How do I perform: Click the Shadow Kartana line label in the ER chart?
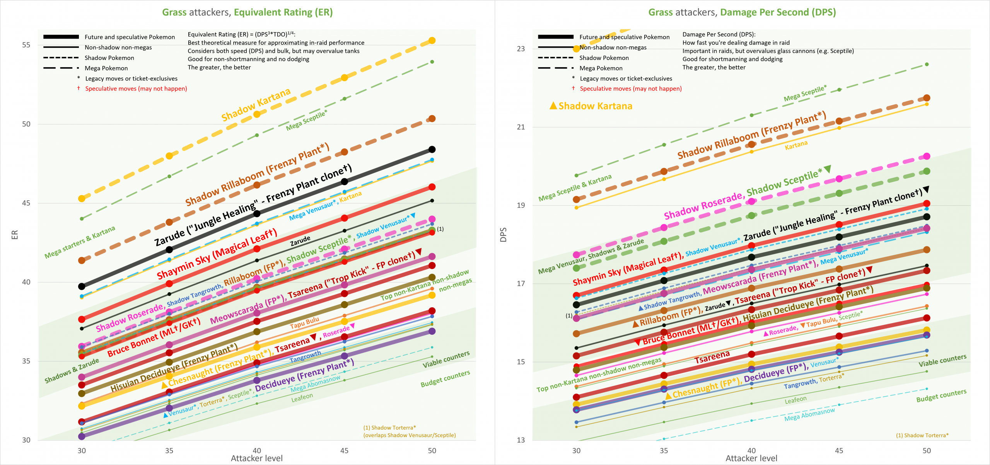click(x=256, y=104)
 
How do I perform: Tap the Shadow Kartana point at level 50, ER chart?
click(x=432, y=41)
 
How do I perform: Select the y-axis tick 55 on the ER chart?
click(x=26, y=45)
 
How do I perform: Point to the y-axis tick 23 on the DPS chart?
click(x=521, y=49)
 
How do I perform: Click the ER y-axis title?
click(x=15, y=235)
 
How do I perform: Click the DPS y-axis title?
click(x=503, y=235)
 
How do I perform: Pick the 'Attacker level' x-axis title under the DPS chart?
click(x=751, y=458)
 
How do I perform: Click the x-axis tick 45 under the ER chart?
click(x=344, y=451)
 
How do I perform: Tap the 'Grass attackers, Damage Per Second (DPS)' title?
click(x=742, y=12)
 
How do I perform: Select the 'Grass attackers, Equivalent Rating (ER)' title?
click(x=247, y=12)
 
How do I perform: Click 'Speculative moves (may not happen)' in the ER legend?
click(x=136, y=89)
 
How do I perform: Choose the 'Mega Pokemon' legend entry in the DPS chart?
click(x=601, y=68)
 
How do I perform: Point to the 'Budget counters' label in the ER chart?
click(x=445, y=379)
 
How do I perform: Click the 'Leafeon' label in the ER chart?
click(x=302, y=397)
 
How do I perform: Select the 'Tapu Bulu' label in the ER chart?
click(x=304, y=323)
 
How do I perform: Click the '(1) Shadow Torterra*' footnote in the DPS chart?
click(x=922, y=435)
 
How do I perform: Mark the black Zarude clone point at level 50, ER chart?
click(x=432, y=150)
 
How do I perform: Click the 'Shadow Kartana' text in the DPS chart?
click(x=595, y=106)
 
